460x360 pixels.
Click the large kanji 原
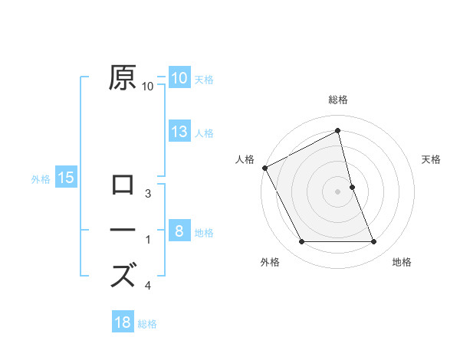(123, 79)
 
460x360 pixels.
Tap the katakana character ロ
(123, 186)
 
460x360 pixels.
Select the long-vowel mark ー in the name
(123, 230)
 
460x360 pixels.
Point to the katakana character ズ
(123, 274)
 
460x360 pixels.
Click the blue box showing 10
(179, 78)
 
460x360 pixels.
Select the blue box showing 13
(179, 132)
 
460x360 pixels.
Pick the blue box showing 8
(179, 230)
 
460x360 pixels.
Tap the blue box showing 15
(66, 178)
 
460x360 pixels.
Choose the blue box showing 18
(123, 322)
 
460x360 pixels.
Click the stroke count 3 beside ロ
(148, 194)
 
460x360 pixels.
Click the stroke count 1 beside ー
(148, 241)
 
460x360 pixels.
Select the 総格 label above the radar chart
(338, 100)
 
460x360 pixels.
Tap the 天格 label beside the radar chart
(432, 159)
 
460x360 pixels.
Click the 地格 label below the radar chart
(402, 262)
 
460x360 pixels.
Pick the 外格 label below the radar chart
(270, 262)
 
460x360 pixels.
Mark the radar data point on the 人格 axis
(264, 168)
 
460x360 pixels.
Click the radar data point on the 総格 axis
(338, 130)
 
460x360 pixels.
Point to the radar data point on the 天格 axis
(352, 187)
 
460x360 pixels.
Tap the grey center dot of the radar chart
(338, 191)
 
